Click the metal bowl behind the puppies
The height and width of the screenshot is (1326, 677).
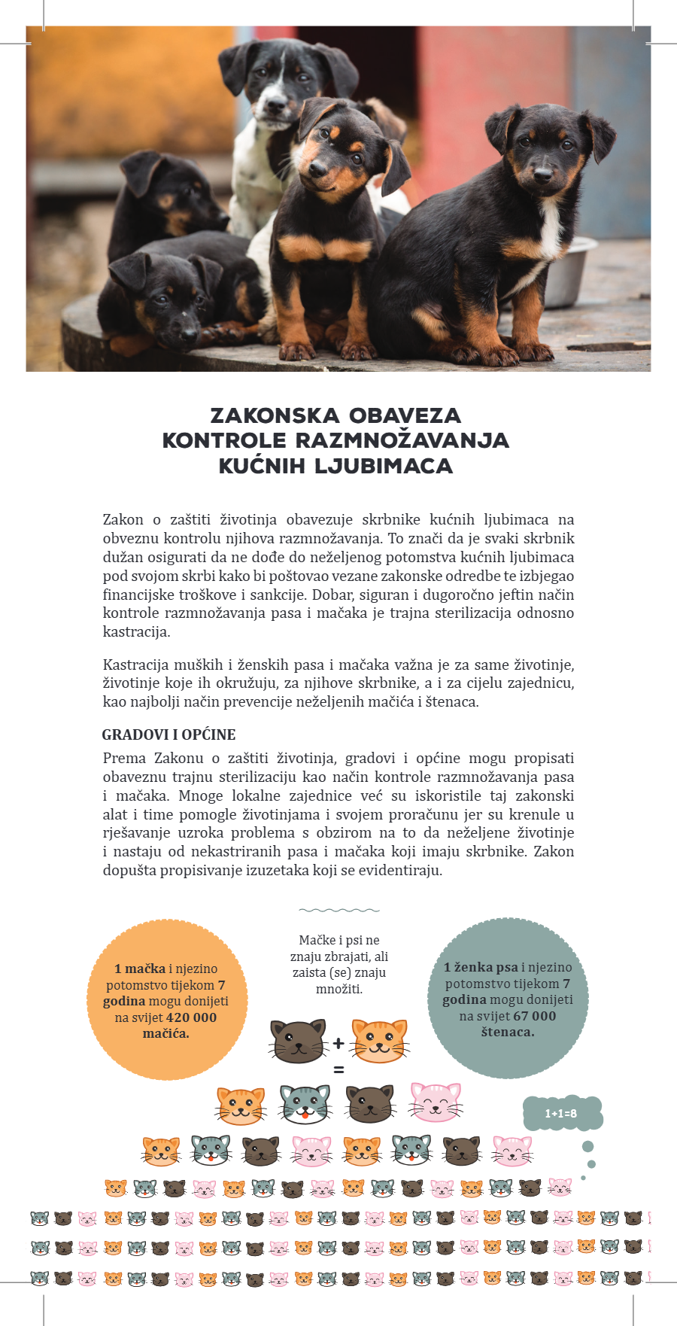(572, 271)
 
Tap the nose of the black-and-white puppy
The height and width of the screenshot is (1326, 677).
(275, 104)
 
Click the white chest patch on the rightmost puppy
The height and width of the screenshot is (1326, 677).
(551, 226)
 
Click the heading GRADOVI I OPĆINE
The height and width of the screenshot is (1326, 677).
(168, 734)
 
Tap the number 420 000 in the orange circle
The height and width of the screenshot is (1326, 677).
(191, 1017)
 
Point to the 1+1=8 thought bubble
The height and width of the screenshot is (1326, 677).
(561, 1113)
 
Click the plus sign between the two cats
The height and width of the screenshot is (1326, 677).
(338, 1043)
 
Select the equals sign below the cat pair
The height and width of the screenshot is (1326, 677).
(338, 1069)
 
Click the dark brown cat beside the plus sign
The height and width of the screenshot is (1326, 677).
(298, 1041)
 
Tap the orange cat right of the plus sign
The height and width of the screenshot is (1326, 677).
(380, 1041)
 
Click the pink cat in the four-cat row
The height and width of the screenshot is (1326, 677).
(436, 1102)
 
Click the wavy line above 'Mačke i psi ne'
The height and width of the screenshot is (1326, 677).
(338, 910)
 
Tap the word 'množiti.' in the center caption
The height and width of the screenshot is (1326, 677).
(339, 989)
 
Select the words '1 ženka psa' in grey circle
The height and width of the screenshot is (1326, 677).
(481, 967)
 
